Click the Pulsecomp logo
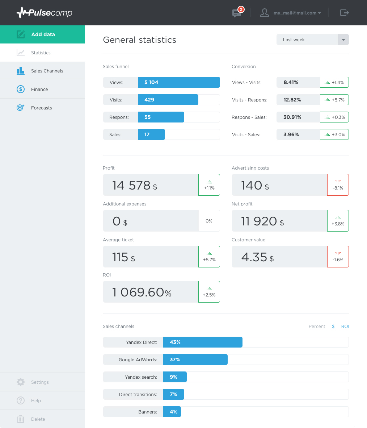(44, 13)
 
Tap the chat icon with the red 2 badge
(237, 13)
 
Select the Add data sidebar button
(43, 34)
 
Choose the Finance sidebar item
(39, 90)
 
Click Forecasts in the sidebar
(41, 108)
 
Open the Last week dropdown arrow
(343, 40)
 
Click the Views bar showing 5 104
(179, 82)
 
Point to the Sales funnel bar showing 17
(151, 134)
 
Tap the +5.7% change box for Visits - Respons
(334, 100)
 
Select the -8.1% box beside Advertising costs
(338, 185)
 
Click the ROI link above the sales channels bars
(345, 327)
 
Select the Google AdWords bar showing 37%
(195, 360)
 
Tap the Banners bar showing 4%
(172, 412)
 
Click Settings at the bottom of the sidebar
(39, 382)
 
